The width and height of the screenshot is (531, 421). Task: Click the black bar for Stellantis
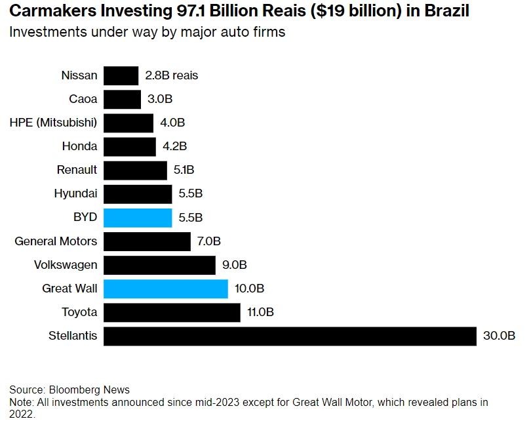289,336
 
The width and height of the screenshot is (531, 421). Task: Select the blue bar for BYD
138,218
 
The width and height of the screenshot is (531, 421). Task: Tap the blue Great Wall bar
165,289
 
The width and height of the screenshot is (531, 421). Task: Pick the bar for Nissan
121,75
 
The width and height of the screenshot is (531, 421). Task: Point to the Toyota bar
172,312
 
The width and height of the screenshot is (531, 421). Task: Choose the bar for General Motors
147,241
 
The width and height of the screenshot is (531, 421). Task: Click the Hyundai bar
138,193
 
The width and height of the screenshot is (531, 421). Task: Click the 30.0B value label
499,336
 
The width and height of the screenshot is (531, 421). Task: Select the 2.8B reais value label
171,75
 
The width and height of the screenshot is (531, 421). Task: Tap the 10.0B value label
249,289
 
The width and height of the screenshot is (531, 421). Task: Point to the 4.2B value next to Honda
174,146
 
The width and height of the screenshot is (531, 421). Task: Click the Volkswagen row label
66,265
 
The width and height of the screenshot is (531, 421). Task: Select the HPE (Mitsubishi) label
53,123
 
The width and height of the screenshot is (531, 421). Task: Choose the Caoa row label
83,99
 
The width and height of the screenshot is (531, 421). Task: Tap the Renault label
77,170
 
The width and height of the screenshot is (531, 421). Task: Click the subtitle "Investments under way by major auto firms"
147,31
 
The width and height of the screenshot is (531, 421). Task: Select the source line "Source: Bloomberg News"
69,390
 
